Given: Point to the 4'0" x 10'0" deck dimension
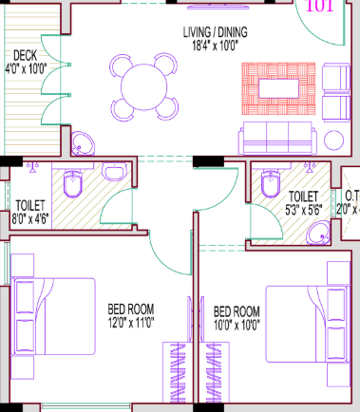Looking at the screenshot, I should tap(25, 68).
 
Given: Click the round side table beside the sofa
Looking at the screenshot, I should tap(336, 141).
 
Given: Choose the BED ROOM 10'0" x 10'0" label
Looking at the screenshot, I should tap(236, 317).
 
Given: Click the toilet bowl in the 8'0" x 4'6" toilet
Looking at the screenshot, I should tap(75, 182).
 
